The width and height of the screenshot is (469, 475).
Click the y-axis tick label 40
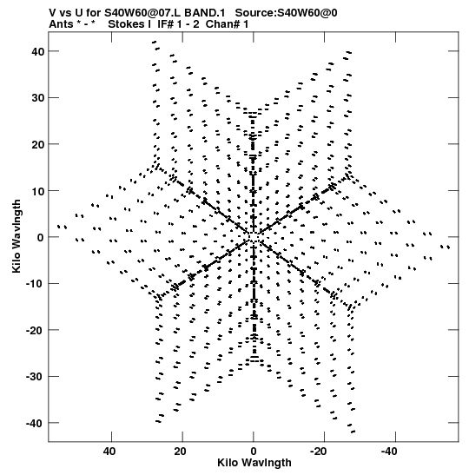(38, 51)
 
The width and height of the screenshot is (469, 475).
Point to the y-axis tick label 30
(38, 98)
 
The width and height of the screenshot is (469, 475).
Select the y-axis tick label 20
(38, 144)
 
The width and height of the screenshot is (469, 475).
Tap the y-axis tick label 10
(38, 191)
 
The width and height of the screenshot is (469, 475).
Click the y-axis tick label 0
(41, 237)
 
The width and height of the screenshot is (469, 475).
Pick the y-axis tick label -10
(36, 284)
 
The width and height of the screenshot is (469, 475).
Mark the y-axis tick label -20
(36, 330)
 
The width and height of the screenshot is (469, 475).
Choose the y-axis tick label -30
(36, 377)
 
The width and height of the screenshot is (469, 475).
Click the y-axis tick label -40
(36, 423)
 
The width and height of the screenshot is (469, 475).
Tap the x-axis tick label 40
(109, 452)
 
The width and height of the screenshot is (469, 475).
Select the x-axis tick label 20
(180, 452)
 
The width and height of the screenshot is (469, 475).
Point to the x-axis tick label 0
(254, 452)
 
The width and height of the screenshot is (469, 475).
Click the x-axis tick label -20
(319, 452)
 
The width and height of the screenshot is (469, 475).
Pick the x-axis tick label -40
(389, 452)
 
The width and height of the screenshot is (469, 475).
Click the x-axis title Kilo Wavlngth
(254, 463)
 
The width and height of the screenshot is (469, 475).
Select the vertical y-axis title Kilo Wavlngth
(17, 236)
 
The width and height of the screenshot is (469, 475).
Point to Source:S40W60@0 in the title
(287, 13)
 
